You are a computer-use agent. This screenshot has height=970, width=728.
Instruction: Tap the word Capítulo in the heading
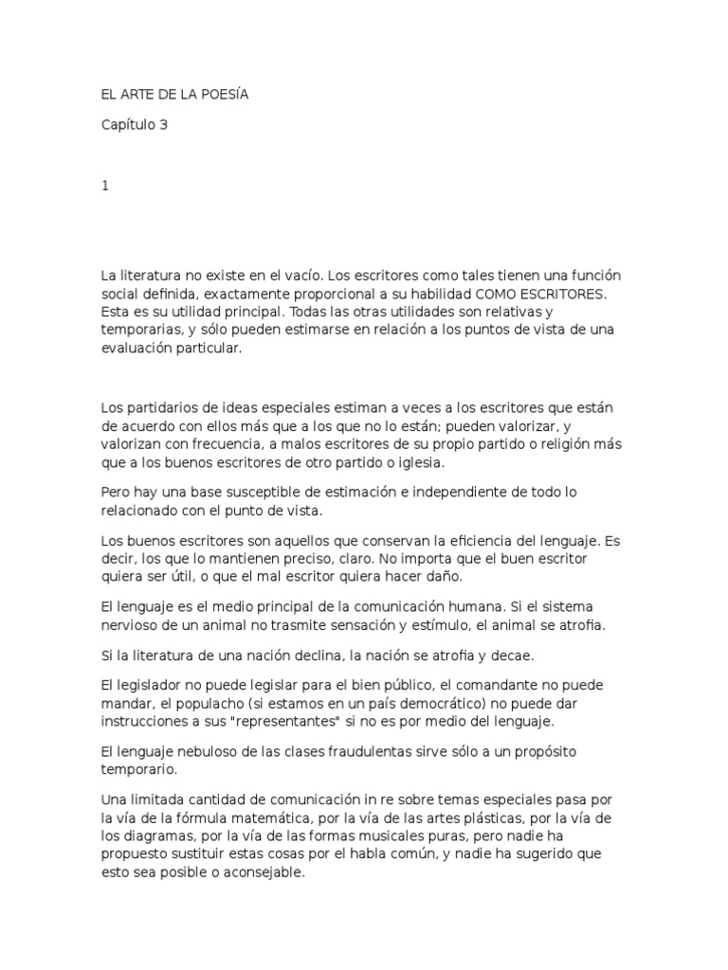pyautogui.click(x=129, y=124)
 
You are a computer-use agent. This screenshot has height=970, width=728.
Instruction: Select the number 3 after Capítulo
pyautogui.click(x=164, y=124)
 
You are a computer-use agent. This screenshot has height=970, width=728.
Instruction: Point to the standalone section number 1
pyautogui.click(x=105, y=186)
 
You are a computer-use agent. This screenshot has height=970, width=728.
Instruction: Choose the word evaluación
pyautogui.click(x=140, y=348)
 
